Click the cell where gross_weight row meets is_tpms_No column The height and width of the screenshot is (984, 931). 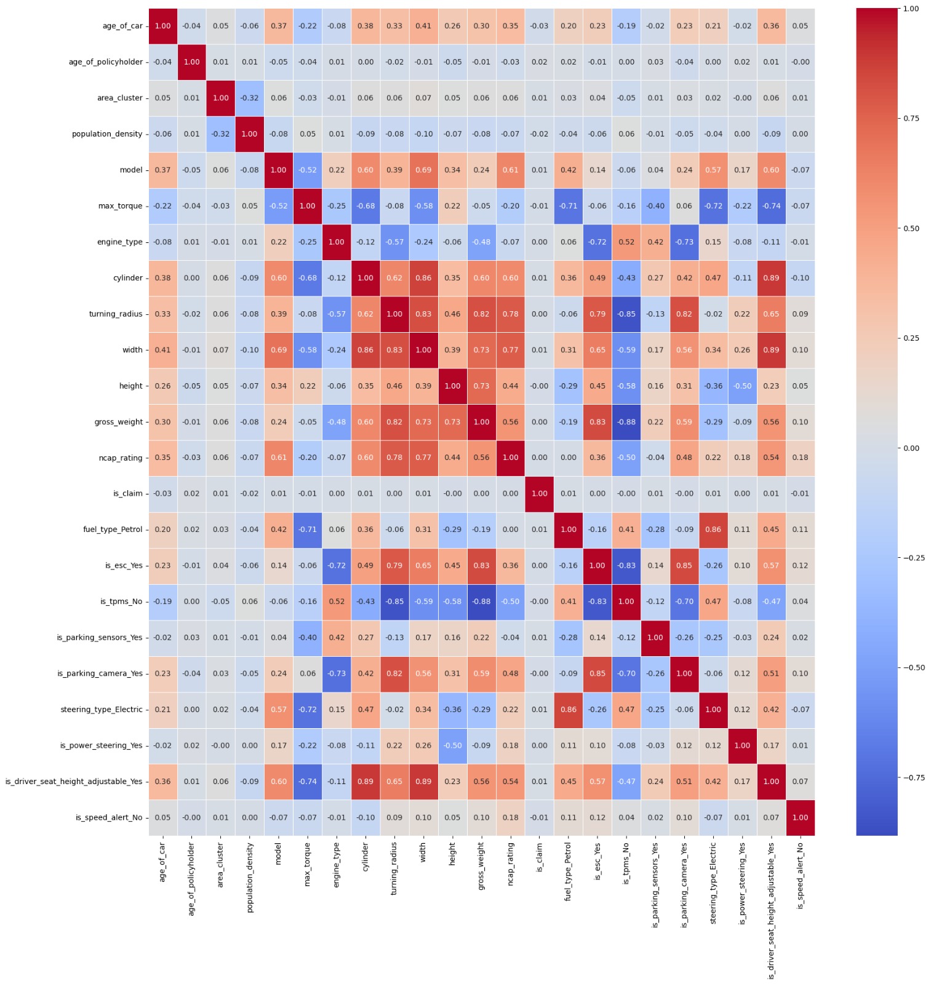coord(626,422)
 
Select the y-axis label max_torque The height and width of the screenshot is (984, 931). coord(120,206)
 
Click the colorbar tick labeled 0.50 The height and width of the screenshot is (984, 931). coord(911,228)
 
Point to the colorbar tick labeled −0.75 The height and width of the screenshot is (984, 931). coord(913,777)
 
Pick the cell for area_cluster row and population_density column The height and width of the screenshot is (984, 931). coord(249,98)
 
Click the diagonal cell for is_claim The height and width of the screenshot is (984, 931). coord(539,493)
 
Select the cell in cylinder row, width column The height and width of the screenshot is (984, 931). coord(423,278)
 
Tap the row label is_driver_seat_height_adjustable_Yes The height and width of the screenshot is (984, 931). coord(74,782)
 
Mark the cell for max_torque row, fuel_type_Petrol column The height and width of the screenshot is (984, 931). coord(568,206)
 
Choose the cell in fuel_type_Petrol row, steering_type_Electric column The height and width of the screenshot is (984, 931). coord(713,530)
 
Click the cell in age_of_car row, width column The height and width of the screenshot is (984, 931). coord(423,26)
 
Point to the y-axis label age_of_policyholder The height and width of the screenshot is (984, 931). coord(105,62)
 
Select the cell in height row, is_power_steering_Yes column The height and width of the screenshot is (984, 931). coord(741,386)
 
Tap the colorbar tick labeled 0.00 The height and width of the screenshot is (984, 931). coord(911,448)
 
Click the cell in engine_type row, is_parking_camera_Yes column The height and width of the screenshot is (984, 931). coord(684,242)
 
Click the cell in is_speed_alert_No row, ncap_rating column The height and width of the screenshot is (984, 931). coord(510,817)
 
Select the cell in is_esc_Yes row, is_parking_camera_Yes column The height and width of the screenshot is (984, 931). coord(684,566)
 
